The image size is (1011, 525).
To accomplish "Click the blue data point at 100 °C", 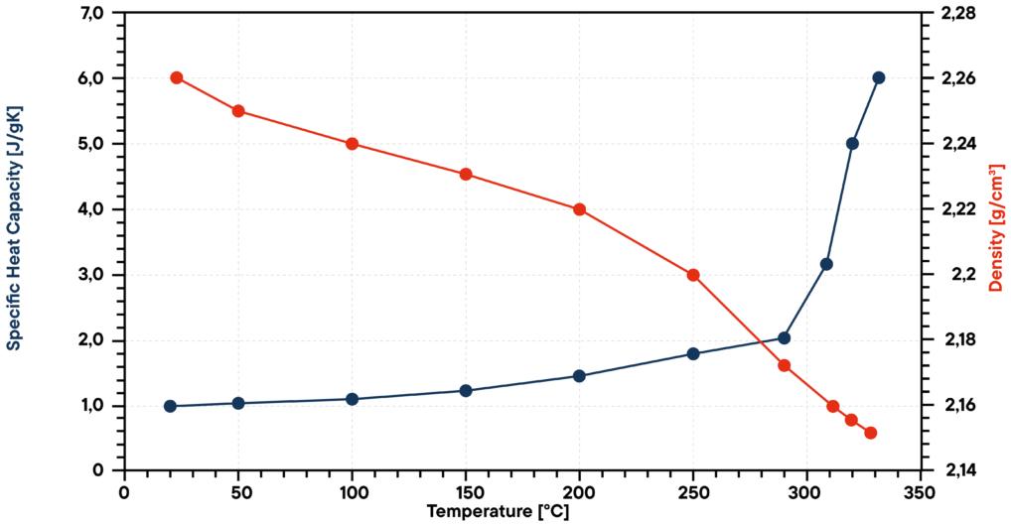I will pyautogui.click(x=352, y=399).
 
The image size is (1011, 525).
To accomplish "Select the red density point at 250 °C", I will pyautogui.click(x=693, y=275).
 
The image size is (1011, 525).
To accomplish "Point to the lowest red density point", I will pyautogui.click(x=871, y=433).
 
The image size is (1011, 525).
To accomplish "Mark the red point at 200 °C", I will pyautogui.click(x=579, y=209).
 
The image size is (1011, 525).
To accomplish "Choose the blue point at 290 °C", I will pyautogui.click(x=784, y=338).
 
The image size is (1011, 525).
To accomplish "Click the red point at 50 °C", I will pyautogui.click(x=238, y=111).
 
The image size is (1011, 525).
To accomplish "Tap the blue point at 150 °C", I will pyautogui.click(x=466, y=390).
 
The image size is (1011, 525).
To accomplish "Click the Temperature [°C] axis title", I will pyautogui.click(x=498, y=512).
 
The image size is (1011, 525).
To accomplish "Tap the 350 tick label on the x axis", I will pyautogui.click(x=921, y=489).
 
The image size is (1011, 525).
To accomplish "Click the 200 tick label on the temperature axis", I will pyautogui.click(x=579, y=489).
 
